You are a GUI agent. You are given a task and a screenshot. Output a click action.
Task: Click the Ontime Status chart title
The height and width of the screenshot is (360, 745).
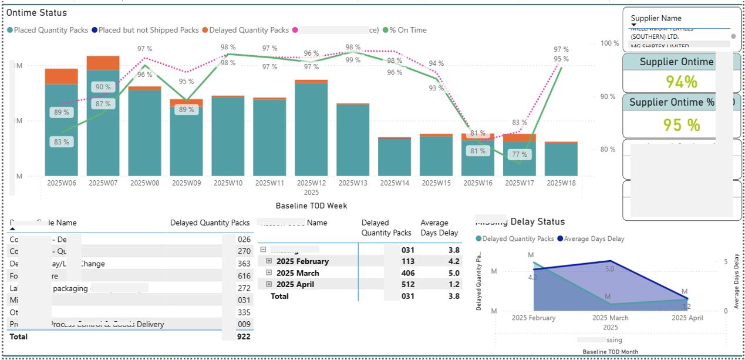[37, 12]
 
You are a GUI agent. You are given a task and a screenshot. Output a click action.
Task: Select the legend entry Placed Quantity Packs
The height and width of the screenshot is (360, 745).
[50, 30]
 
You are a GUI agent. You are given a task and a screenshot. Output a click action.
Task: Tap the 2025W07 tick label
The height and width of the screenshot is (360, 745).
[103, 183]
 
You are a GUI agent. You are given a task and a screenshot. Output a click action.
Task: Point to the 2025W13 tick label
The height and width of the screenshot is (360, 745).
[353, 183]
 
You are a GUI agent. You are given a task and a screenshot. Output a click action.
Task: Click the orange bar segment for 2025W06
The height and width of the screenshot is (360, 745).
[62, 76]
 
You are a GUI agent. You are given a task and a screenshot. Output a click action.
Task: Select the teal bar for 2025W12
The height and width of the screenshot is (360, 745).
[311, 129]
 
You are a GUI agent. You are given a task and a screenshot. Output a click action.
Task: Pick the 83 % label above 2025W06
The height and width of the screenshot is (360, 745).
[62, 142]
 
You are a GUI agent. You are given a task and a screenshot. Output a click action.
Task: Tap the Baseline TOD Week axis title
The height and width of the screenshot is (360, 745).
[311, 206]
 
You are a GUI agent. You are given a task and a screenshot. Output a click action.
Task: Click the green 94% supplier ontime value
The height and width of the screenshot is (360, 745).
[682, 82]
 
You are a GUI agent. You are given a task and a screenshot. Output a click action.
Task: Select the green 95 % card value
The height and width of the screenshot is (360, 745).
[682, 125]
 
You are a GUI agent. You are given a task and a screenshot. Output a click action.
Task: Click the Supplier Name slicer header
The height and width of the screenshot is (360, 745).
[656, 18]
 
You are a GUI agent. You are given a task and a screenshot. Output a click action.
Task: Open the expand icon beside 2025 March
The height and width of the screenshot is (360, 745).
[269, 273]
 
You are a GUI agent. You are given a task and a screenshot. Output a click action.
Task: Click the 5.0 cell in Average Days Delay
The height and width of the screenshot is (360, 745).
[445, 273]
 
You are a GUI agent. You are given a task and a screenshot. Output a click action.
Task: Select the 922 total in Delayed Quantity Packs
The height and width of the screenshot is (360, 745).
[244, 337]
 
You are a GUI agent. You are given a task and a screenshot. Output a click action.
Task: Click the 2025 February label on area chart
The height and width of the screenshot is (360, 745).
[534, 318]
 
